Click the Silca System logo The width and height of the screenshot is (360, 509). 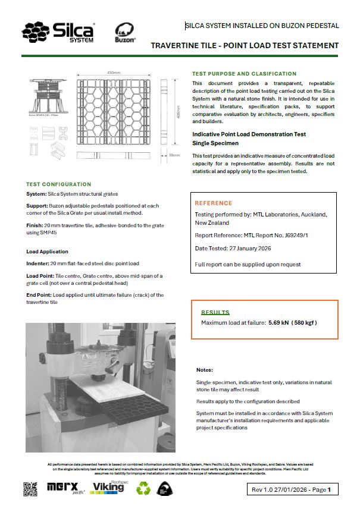click(x=59, y=31)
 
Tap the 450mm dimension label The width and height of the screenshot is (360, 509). click(x=114, y=73)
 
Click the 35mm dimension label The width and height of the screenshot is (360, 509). click(x=174, y=155)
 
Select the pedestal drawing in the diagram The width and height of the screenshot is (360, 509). click(x=48, y=92)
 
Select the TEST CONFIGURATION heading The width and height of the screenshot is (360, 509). click(x=58, y=184)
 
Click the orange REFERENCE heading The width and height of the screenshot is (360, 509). click(x=214, y=203)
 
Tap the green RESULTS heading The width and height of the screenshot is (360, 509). click(x=215, y=312)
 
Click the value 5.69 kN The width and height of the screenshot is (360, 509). click(x=278, y=323)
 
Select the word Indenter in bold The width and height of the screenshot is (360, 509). click(x=39, y=264)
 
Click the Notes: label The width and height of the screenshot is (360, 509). click(x=204, y=369)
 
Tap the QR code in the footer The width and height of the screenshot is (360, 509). click(x=30, y=489)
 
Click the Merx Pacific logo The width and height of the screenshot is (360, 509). click(x=66, y=488)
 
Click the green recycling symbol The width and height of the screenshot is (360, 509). click(x=144, y=489)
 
